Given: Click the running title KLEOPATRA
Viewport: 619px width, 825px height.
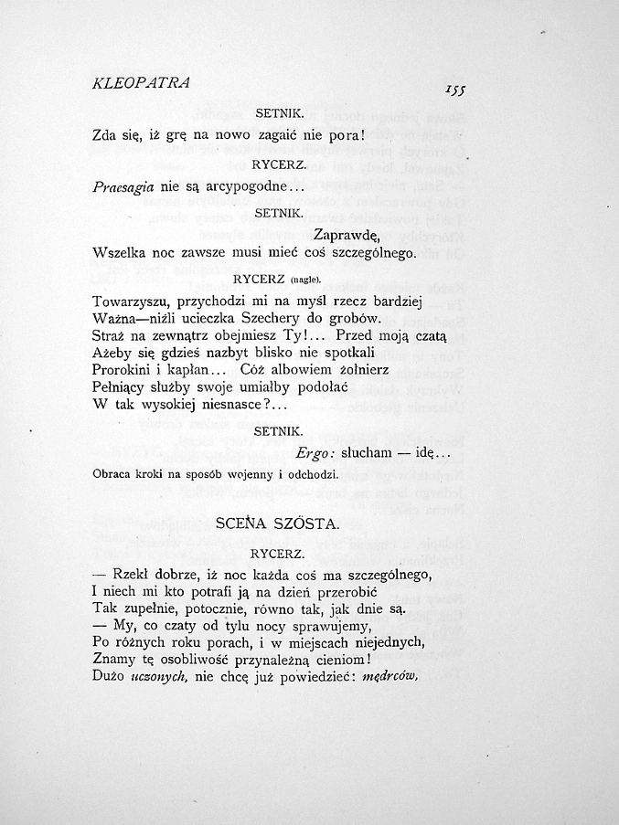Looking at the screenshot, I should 141,82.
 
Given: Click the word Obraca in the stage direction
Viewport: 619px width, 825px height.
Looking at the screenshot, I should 112,474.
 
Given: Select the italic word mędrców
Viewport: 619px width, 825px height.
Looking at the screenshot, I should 390,677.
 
